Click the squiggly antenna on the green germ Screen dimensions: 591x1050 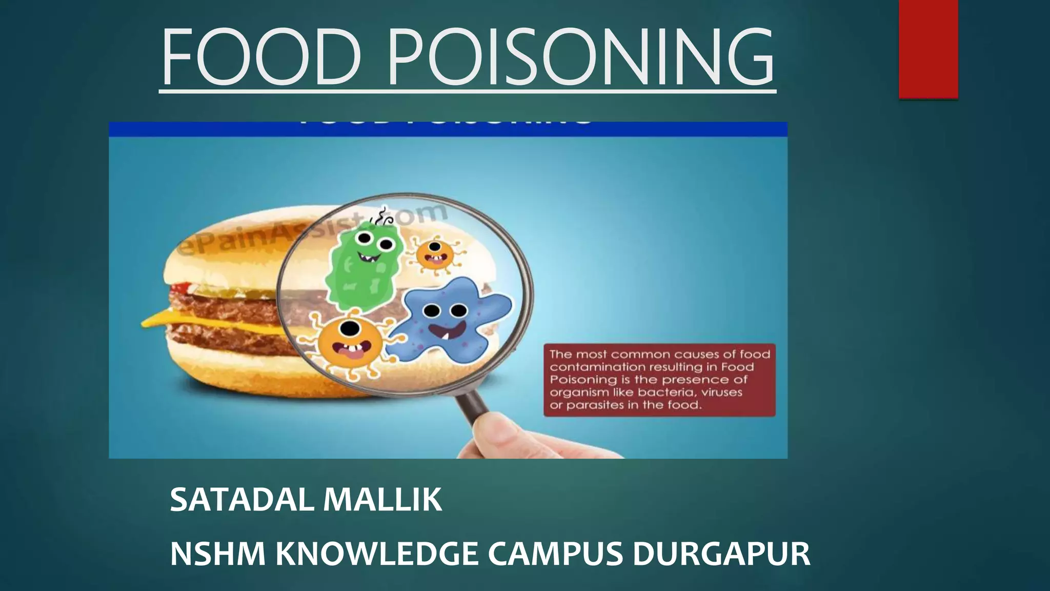point(383,218)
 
